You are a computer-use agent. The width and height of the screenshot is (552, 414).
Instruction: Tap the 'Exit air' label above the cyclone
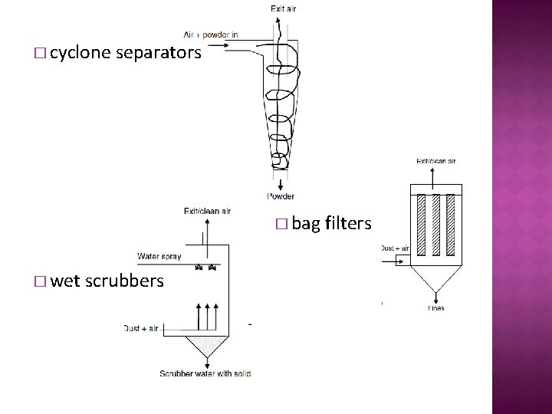(283, 8)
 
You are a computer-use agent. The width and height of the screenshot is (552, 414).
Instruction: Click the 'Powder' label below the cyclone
(281, 196)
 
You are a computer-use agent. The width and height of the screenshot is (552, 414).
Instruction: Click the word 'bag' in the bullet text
(307, 224)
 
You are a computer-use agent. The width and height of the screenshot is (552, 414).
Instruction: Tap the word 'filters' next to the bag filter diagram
(348, 224)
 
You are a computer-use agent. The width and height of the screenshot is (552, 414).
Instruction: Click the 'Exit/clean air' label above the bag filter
(435, 162)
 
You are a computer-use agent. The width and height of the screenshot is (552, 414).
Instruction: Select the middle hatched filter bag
(435, 224)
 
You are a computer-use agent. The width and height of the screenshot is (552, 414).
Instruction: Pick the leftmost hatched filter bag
(419, 224)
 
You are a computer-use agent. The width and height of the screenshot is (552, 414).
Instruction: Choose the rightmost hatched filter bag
(452, 224)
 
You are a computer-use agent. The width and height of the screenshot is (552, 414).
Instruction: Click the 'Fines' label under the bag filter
(436, 308)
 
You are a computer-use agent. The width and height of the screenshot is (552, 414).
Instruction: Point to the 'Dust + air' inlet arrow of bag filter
(399, 261)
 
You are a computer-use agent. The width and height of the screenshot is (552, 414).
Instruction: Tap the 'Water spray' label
(159, 256)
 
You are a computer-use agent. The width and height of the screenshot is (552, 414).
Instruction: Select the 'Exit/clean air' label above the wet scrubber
(207, 211)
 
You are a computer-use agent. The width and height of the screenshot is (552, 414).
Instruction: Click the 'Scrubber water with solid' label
(205, 373)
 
